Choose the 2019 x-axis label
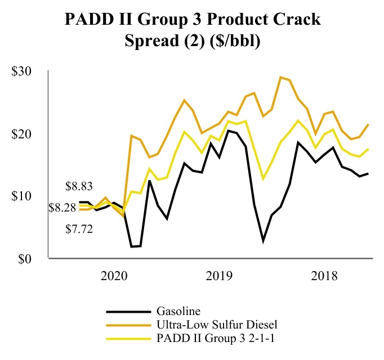pos(220,276)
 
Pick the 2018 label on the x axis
pos(325,276)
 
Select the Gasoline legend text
pos(178,310)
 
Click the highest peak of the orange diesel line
pos(280,78)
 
